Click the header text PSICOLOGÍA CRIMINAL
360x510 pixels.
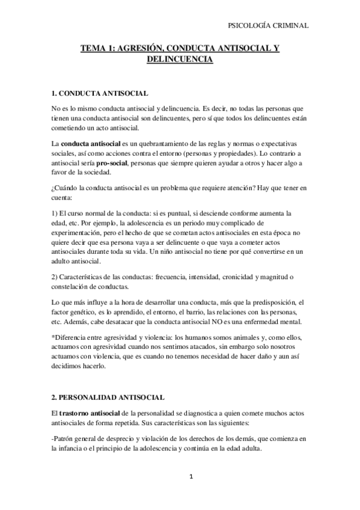click(270, 25)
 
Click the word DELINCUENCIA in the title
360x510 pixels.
click(180, 61)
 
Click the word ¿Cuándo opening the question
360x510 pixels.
click(68, 188)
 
